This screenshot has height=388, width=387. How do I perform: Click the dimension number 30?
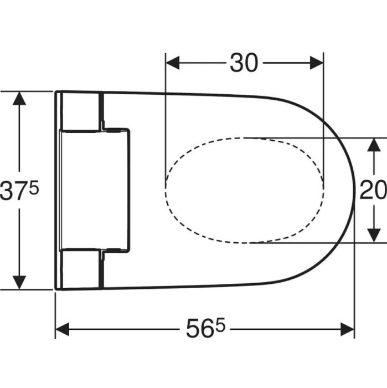pos(244,63)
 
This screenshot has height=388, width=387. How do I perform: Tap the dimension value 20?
pos(373,190)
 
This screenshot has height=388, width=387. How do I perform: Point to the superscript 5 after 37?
pos(34,187)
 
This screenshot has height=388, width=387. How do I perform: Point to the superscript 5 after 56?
pos(221,324)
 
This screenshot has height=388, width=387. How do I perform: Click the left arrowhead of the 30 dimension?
pos(173,63)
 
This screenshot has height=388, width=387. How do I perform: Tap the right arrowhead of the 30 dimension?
pos(316,63)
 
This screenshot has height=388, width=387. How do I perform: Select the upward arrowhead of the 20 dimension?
pos(373,145)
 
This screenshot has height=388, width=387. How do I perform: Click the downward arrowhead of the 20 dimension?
pos(373,236)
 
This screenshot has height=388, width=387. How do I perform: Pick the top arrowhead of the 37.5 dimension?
pos(19,98)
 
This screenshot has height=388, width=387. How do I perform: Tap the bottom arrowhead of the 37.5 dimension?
pos(19,282)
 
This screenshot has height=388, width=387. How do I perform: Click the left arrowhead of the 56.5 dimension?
pos(62,329)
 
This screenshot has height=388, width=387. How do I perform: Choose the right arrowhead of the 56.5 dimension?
pos(347,329)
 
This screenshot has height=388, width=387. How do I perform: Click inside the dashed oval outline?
pos(244,190)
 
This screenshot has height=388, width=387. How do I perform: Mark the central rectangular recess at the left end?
pos(95,190)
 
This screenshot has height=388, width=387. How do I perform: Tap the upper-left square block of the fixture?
pos(81,111)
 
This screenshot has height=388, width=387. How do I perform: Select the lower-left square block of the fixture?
pos(81,269)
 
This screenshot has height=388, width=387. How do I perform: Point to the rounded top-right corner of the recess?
pos(127,131)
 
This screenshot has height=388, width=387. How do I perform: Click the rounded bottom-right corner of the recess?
pos(127,250)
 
